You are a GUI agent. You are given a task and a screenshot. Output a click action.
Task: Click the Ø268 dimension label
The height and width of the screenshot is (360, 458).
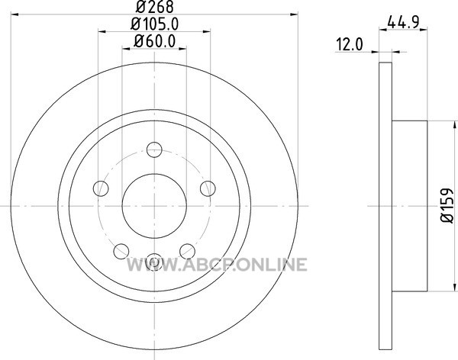click(x=154, y=6)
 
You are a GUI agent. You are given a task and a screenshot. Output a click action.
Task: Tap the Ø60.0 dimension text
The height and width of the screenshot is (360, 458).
click(x=155, y=41)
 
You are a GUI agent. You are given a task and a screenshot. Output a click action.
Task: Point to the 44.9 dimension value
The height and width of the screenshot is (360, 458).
click(x=403, y=22)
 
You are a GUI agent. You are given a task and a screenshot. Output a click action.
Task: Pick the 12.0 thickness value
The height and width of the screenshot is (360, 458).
click(x=350, y=45)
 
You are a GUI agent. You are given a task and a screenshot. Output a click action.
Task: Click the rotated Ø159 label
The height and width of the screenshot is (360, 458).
click(x=447, y=205)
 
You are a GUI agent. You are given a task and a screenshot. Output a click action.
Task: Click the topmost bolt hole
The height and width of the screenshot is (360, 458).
click(x=154, y=149)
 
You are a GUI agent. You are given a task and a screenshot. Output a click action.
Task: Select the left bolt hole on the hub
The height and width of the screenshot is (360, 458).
click(x=101, y=188)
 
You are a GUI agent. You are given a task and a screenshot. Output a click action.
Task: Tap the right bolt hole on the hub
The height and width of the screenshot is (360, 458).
click(x=208, y=188)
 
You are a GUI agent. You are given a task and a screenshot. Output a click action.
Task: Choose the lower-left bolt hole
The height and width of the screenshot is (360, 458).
click(x=121, y=252)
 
